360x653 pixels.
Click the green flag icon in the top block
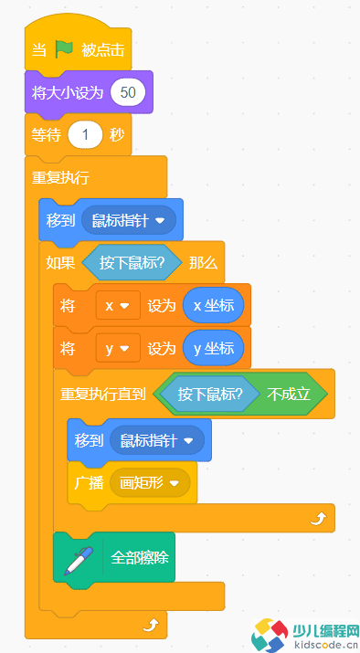coord(64,50)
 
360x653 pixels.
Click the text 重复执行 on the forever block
coord(60,176)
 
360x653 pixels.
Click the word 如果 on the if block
coord(61,263)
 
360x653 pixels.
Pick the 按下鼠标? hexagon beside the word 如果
coord(132,263)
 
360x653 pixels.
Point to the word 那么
coord(203,263)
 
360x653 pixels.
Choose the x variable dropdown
coord(118,305)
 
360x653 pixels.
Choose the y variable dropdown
coord(118,347)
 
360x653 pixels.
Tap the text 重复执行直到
coord(103,394)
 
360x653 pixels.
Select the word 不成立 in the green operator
coord(289,394)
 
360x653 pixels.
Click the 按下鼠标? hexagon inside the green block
coord(209,394)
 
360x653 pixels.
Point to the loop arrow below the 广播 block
coord(316,517)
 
